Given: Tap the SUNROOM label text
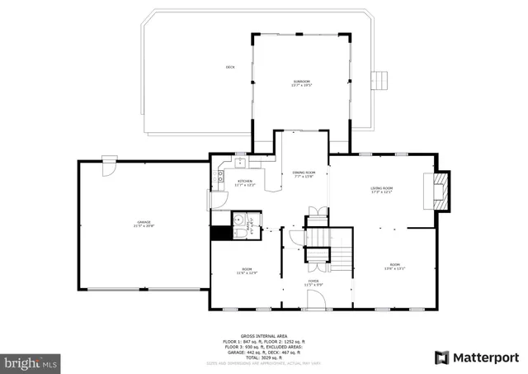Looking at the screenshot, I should (x=300, y=82).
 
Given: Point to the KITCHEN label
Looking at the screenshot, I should (x=245, y=182).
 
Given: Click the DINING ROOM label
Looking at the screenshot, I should (x=304, y=174).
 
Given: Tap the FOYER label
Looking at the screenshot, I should (x=313, y=283).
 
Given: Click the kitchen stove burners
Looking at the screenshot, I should (x=220, y=174).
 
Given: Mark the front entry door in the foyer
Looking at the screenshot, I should (x=310, y=309).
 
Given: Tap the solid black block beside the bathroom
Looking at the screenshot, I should (x=219, y=233).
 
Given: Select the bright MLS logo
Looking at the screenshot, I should (x=31, y=362).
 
